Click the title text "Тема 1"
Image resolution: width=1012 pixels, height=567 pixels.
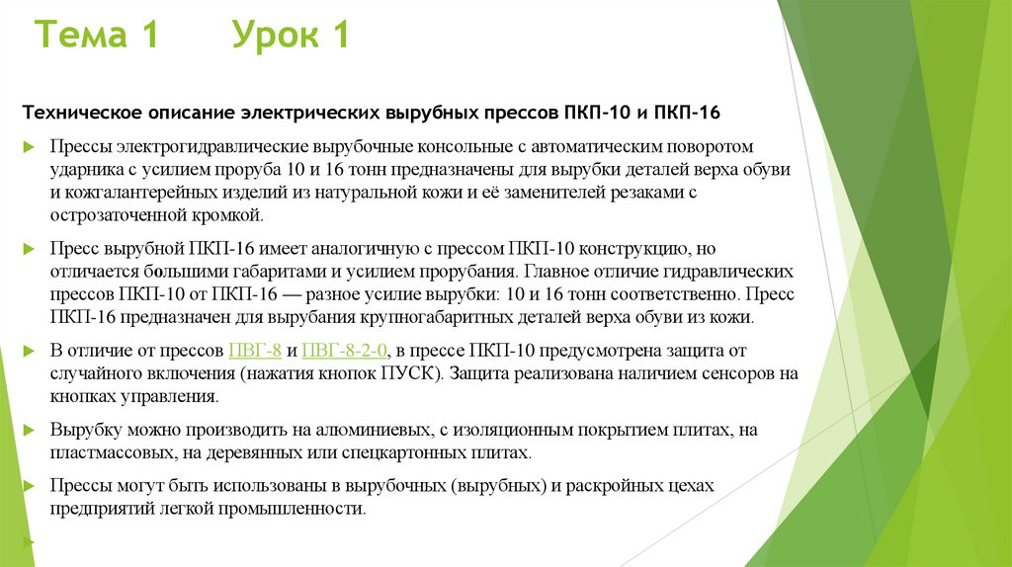tap(97, 37)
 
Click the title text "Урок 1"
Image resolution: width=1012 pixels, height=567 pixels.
tap(291, 37)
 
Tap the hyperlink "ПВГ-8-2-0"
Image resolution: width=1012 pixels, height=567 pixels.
tap(345, 351)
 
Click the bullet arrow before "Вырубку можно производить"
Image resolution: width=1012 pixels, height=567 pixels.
tap(28, 432)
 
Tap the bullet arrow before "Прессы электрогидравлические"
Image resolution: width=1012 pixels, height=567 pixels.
tap(28, 147)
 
